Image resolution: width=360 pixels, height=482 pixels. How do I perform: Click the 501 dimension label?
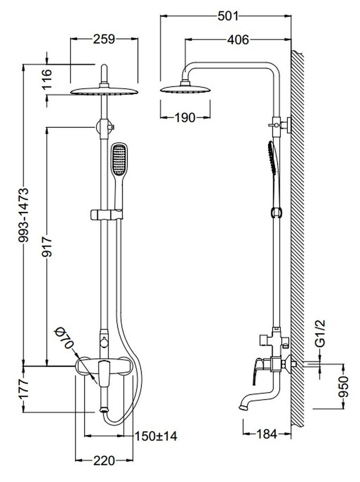[228, 16]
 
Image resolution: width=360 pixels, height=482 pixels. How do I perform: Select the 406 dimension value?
[238, 39]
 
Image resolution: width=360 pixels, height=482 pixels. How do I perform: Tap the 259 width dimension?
[104, 39]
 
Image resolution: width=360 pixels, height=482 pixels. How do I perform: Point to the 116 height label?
[47, 79]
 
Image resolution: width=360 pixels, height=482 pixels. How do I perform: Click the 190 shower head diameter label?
[185, 118]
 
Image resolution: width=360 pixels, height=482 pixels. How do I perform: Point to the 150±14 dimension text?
[156, 436]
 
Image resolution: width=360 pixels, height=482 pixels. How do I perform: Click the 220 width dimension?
[104, 460]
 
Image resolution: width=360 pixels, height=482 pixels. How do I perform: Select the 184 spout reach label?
[267, 434]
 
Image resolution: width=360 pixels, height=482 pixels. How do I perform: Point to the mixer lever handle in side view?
[256, 370]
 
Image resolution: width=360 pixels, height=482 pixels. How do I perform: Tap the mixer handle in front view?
[103, 374]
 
